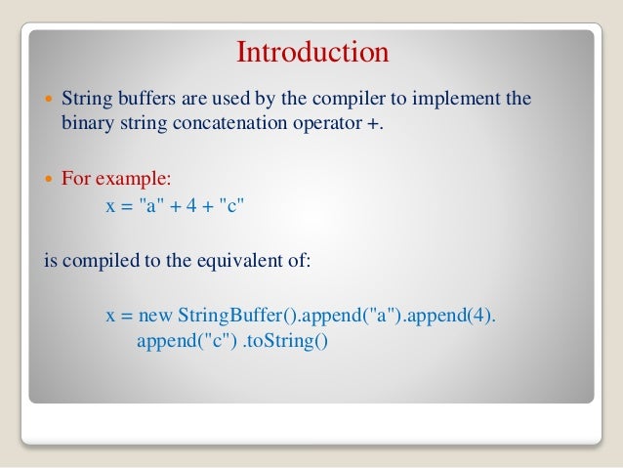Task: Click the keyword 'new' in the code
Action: (x=154, y=316)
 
